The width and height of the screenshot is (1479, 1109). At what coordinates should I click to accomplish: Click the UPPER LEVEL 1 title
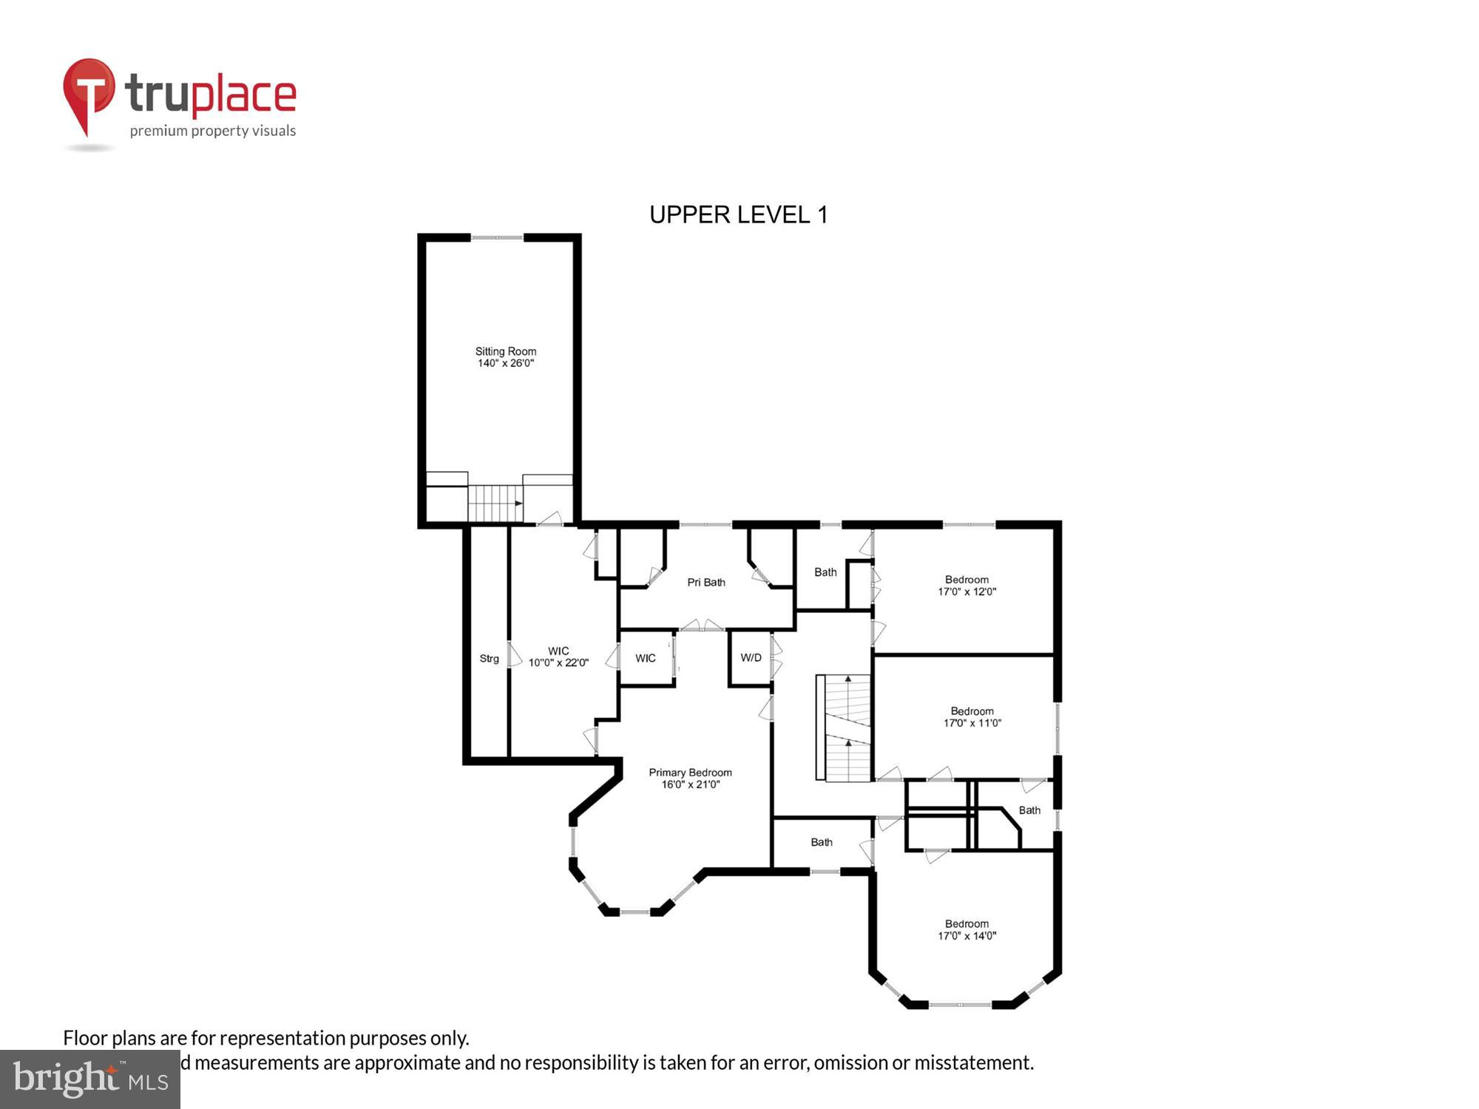[738, 214]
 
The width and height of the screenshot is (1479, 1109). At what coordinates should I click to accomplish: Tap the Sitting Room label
[506, 357]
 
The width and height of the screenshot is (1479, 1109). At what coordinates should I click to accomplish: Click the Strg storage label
[489, 659]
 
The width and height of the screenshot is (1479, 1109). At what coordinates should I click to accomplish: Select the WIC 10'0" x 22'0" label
[558, 657]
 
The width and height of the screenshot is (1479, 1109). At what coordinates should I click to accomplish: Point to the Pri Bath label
[705, 583]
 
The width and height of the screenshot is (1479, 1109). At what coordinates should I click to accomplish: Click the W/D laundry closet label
[751, 657]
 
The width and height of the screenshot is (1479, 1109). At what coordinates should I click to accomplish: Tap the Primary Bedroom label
[690, 778]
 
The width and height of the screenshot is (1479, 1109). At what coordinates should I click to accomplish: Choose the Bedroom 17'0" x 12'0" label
[967, 586]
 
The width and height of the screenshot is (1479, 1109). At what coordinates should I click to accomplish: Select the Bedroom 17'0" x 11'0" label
[972, 717]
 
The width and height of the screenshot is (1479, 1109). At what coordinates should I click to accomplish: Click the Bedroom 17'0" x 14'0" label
[967, 929]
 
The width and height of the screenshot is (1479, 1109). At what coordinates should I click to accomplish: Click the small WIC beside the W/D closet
[645, 658]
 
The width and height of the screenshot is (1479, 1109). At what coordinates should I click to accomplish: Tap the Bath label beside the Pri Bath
[825, 572]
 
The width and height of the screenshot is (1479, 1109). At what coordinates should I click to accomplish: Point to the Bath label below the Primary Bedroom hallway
[821, 842]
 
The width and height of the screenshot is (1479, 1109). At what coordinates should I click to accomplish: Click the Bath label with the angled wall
[1029, 810]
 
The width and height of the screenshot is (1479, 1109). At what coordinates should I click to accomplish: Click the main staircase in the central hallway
[847, 728]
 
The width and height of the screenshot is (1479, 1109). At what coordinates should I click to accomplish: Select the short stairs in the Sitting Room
[495, 503]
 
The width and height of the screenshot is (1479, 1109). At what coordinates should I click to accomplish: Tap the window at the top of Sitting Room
[497, 237]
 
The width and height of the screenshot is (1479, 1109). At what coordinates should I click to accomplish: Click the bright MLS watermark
[90, 1079]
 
